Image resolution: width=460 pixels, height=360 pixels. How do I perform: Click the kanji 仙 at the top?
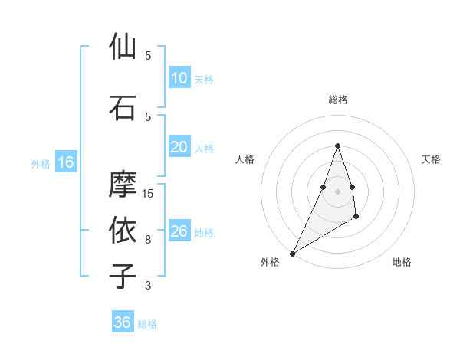coord(123,47)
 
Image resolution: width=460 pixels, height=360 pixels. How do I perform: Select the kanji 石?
coord(123,107)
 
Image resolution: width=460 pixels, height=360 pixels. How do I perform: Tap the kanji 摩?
coord(123,185)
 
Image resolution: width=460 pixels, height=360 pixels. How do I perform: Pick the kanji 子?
coord(123,276)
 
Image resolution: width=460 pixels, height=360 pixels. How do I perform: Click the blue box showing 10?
coord(179,78)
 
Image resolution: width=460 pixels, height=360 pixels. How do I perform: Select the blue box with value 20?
coord(179,147)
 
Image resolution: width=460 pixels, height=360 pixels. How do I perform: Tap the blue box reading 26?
coord(179,231)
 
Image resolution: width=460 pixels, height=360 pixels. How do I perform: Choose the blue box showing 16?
coord(66,162)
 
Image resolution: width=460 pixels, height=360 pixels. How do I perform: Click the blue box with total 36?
coord(123,322)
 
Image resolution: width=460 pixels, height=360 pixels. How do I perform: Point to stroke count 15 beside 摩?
coord(149,194)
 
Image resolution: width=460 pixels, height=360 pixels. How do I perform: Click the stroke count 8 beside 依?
coord(148,240)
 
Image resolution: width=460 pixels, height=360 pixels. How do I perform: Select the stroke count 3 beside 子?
coord(148,286)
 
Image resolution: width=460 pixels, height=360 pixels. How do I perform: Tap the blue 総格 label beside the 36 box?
coord(147,324)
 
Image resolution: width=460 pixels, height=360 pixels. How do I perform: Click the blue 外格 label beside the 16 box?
coord(41,163)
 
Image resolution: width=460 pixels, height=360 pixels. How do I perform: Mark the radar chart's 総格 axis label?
coord(337,100)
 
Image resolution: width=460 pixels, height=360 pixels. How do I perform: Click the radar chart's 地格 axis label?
coord(402,263)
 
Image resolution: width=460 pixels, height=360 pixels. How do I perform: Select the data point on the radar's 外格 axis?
coord(293,253)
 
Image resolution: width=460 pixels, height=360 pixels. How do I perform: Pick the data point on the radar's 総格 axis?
coord(337,146)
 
